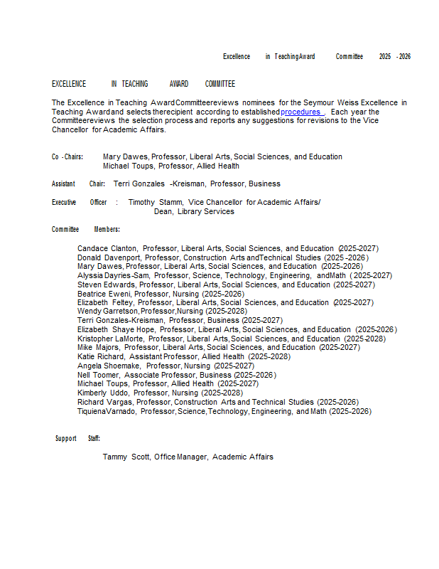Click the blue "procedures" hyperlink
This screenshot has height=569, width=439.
tap(300, 112)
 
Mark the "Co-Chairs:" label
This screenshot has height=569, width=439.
tap(67, 156)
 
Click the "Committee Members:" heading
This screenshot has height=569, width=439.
tap(85, 229)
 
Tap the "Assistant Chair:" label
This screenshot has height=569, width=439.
tap(78, 184)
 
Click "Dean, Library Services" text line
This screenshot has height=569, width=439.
tap(194, 211)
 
